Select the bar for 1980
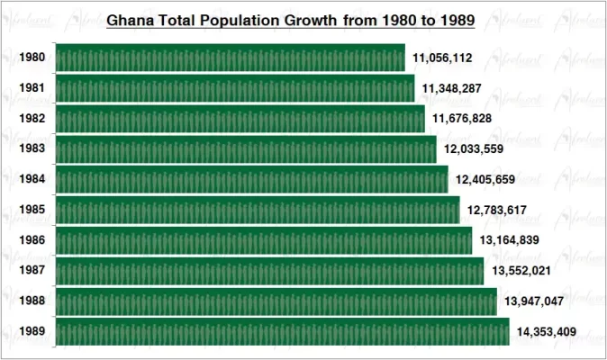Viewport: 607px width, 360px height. click(231, 58)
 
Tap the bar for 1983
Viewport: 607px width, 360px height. click(246, 149)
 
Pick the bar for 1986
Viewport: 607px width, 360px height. click(264, 240)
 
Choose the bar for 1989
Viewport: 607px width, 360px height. click(283, 331)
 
